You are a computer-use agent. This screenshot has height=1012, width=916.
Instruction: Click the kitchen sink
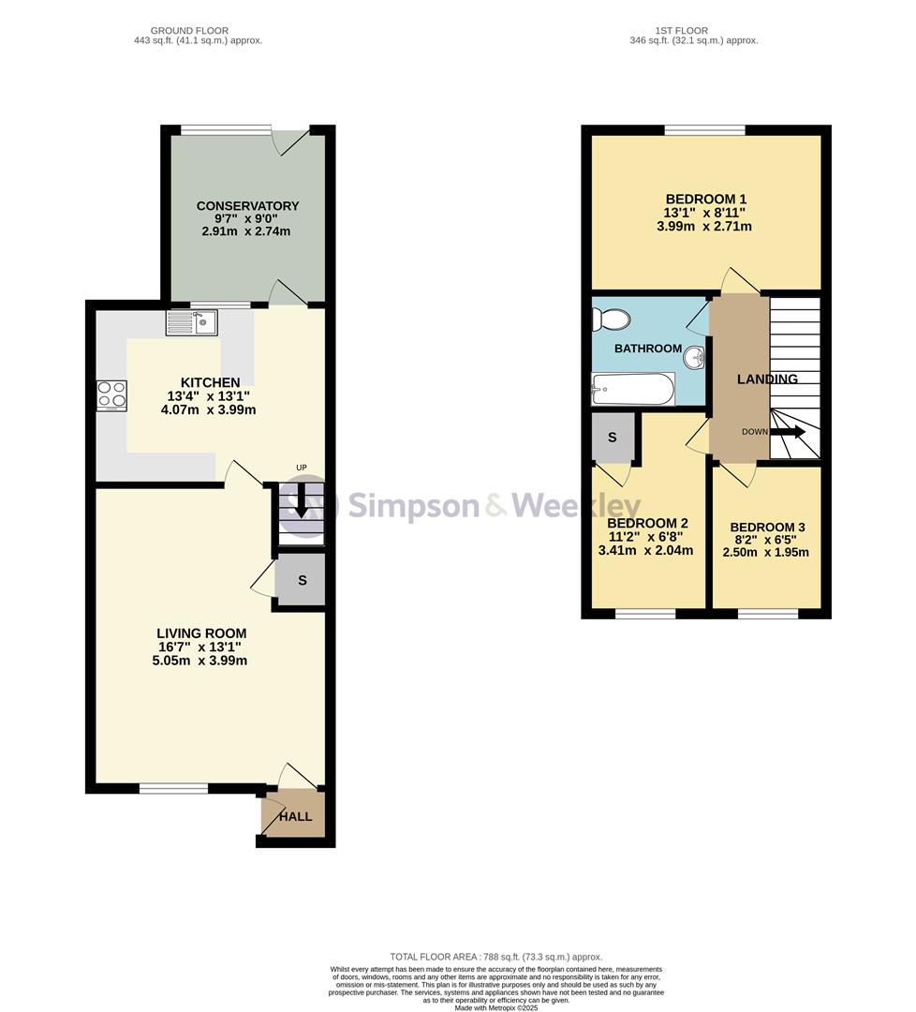pos(192,322)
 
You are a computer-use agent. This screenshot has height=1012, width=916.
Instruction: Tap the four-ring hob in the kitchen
pos(111,395)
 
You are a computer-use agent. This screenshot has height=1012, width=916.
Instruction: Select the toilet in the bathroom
pos(611,319)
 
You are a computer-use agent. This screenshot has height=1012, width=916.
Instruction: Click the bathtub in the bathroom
pos(633,390)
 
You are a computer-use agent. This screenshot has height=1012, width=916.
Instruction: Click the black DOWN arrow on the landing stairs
pos(787,432)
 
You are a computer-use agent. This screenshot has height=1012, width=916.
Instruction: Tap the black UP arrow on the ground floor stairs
pos(301,501)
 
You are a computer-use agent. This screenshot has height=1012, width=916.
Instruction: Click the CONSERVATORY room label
pos(247,206)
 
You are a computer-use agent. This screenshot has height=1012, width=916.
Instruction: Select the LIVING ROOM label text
pos(201,633)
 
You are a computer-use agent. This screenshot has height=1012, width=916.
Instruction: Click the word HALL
pos(295,816)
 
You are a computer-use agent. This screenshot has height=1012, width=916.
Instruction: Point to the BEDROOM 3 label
pos(768,528)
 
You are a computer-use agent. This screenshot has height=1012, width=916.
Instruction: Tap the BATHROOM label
pos(648,349)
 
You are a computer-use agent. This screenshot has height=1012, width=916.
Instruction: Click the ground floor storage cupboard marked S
pos(301,580)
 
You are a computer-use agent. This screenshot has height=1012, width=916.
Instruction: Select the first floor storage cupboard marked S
pos(613,438)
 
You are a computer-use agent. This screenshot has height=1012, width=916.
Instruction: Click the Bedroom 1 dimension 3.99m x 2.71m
pos(704,227)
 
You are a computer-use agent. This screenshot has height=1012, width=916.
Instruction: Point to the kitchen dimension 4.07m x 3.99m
pos(208,409)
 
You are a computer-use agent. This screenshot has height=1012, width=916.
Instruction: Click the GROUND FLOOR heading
pos(189,30)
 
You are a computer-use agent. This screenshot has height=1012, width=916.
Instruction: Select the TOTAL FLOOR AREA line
pos(496,957)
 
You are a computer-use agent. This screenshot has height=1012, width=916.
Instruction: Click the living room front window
pos(174,787)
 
